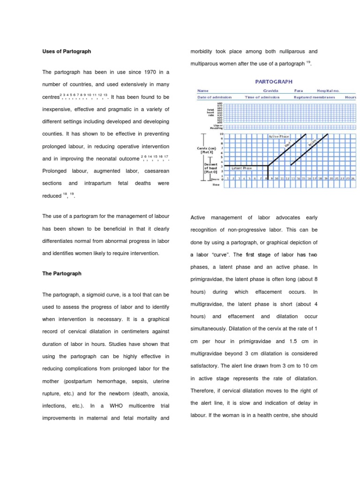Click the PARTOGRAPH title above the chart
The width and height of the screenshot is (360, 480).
274,81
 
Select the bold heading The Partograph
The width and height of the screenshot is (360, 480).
62,273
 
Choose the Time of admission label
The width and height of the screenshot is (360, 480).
262,97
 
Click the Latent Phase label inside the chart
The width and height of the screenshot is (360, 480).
242,167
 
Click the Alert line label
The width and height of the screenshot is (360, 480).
288,144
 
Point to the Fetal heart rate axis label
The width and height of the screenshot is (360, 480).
210,112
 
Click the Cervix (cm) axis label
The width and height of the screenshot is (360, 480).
208,150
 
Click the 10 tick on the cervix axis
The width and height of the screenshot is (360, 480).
222,134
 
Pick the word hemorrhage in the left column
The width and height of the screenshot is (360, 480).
120,380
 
